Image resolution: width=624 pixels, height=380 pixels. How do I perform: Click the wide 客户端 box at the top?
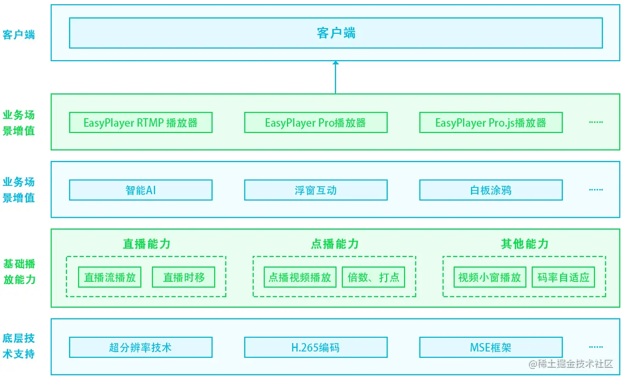pyautogui.click(x=335, y=33)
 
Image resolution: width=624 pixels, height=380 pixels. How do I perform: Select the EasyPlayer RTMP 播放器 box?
pyautogui.click(x=140, y=122)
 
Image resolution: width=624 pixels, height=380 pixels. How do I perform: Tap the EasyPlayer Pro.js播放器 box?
pyautogui.click(x=491, y=122)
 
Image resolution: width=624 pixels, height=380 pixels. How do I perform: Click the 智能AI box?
pyautogui.click(x=140, y=190)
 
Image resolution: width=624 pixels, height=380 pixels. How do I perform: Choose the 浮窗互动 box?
pyautogui.click(x=315, y=190)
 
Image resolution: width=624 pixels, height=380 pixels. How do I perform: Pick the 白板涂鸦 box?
pyautogui.click(x=491, y=190)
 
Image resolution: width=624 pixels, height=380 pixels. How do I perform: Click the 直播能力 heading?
pyautogui.click(x=146, y=244)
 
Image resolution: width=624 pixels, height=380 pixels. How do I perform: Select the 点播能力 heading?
pyautogui.click(x=334, y=244)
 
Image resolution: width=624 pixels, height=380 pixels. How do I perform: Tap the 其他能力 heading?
pyautogui.click(x=524, y=244)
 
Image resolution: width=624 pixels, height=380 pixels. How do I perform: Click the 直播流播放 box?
pyautogui.click(x=110, y=277)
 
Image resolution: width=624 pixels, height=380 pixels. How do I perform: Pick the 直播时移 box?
pyautogui.click(x=184, y=277)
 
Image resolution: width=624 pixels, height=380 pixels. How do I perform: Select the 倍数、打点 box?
pyautogui.click(x=373, y=277)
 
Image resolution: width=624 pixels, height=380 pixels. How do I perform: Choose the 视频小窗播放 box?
pyautogui.click(x=489, y=277)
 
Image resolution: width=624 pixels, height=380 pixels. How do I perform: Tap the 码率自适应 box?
pyautogui.click(x=563, y=277)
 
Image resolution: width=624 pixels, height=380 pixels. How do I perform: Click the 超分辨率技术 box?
pyautogui.click(x=140, y=347)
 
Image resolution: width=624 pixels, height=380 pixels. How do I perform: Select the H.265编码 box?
pyautogui.click(x=315, y=347)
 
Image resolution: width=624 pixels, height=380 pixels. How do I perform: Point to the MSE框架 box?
pyautogui.click(x=491, y=347)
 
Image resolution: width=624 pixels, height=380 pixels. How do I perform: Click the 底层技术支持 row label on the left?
pyautogui.click(x=19, y=346)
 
